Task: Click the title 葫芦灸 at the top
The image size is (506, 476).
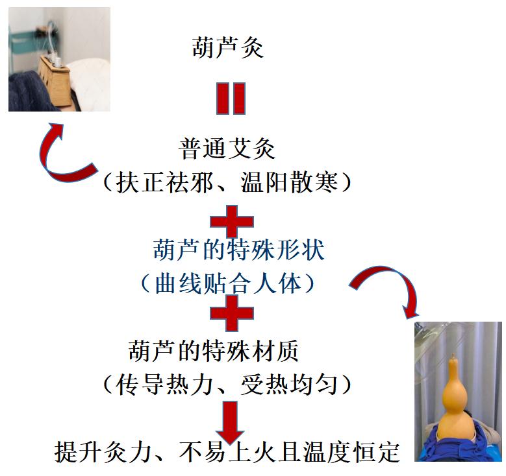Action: [x=228, y=47]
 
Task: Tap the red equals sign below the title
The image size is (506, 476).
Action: [x=231, y=99]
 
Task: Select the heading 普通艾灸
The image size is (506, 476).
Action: [x=227, y=149]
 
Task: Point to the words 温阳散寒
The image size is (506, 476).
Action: [x=290, y=182]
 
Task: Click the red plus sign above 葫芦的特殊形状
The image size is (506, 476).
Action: [x=232, y=221]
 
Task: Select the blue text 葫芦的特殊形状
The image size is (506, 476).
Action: [x=239, y=250]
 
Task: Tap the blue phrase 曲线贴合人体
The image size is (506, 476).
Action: [x=229, y=284]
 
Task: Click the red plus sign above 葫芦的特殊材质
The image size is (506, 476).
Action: [x=232, y=313]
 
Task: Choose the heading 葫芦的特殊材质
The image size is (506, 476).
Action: [x=213, y=351]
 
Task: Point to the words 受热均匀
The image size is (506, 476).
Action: [x=290, y=385]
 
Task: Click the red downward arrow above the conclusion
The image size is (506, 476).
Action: [x=231, y=422]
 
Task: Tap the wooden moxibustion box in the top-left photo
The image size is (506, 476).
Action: [x=55, y=80]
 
